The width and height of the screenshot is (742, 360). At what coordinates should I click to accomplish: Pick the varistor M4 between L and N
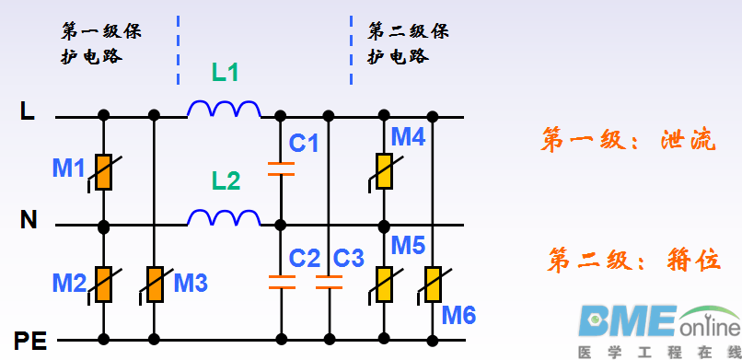384,170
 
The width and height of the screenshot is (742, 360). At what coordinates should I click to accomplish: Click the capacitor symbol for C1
280,168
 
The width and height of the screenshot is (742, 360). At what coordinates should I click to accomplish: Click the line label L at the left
28,113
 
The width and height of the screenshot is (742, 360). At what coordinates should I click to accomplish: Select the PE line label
29,342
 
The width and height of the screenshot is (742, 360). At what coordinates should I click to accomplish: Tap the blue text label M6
458,316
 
